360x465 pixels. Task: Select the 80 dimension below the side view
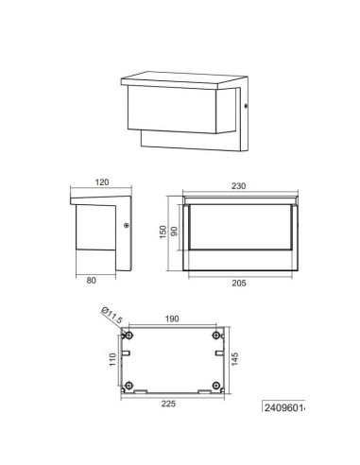tap(92, 279)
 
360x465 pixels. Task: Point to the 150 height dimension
tap(163, 232)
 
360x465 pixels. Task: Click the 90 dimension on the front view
tap(174, 232)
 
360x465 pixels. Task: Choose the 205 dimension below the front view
tap(243, 283)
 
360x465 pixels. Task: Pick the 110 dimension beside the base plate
tap(111, 360)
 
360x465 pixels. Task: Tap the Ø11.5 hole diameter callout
tap(111, 317)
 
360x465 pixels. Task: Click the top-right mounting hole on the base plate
tap(216, 336)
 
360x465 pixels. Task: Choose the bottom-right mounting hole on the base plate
tap(216, 384)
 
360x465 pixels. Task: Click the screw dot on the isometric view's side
tap(245, 110)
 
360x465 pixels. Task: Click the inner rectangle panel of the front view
tap(242, 232)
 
